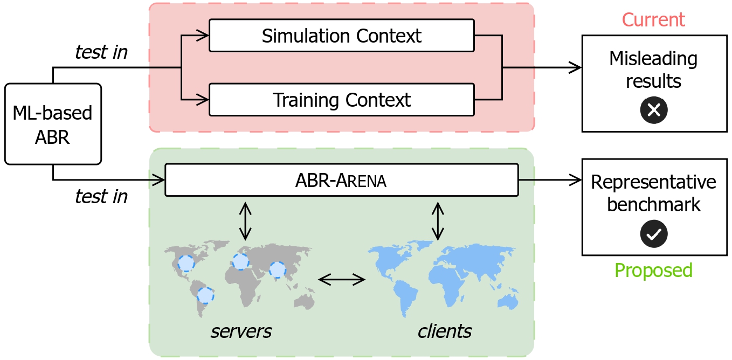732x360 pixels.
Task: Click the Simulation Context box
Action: pos(341,36)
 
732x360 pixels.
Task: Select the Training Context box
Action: pos(341,100)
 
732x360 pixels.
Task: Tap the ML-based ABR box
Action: pos(53,124)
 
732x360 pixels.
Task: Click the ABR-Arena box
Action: pos(341,181)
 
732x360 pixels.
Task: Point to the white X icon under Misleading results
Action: pos(653,110)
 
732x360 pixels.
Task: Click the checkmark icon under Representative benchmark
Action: pos(653,234)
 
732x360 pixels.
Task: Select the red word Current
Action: pos(653,20)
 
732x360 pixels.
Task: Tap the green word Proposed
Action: pos(653,270)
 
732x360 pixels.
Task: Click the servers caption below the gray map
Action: pos(241,331)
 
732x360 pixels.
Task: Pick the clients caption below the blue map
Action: pos(445,331)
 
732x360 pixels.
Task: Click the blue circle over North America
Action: pos(186,263)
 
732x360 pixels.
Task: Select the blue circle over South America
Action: pos(205,295)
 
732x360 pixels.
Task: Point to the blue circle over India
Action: pos(277,269)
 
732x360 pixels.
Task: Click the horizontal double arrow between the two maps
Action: pos(342,279)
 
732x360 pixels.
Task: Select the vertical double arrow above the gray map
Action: pos(245,221)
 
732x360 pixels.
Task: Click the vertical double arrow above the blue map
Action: pos(438,221)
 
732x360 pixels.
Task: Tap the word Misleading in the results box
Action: pos(653,58)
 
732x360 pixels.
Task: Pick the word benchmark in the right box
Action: pos(653,205)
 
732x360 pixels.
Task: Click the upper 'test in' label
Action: pos(101,52)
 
